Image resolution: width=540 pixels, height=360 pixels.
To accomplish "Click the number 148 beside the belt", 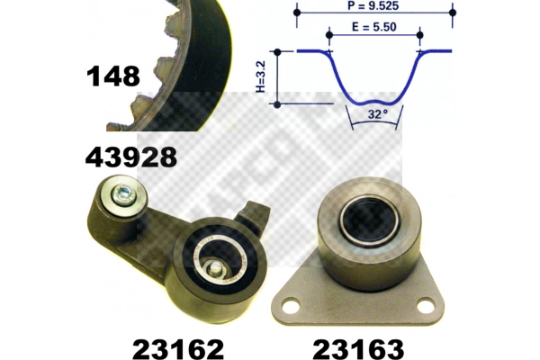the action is pyautogui.click(x=113, y=76).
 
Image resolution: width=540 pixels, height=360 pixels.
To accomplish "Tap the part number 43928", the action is pyautogui.click(x=131, y=157).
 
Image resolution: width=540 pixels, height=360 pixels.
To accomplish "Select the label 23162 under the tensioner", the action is pyautogui.click(x=178, y=349).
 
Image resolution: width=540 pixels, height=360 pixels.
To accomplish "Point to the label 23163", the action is pyautogui.click(x=358, y=349).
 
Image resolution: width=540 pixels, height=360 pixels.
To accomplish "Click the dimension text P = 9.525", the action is pyautogui.click(x=373, y=5).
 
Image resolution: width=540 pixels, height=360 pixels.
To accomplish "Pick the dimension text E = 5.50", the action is pyautogui.click(x=374, y=27).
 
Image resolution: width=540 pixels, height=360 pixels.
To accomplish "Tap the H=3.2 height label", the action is pyautogui.click(x=261, y=76).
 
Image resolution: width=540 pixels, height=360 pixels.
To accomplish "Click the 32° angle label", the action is pyautogui.click(x=377, y=114).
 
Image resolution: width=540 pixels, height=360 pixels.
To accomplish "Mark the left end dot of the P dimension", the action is pyautogui.click(x=297, y=13).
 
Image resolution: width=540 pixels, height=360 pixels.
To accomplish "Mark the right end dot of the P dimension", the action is pyautogui.click(x=453, y=13).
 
